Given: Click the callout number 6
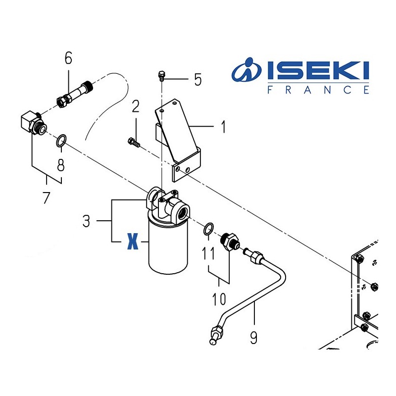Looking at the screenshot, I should point(68,58).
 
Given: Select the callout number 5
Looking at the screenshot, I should point(198,79).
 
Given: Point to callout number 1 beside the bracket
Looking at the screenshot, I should point(223,127).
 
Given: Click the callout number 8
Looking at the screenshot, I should point(60,165).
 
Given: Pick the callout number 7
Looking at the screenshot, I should point(46,198).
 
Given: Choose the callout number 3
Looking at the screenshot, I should point(86,221).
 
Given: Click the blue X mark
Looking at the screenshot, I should point(132,242).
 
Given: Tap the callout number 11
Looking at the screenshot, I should point(208,254).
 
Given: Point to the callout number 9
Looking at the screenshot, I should point(253,338).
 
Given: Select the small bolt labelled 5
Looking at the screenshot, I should point(160,76).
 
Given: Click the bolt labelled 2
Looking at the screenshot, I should point(133,142).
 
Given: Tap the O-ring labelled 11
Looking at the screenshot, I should point(208,229).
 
